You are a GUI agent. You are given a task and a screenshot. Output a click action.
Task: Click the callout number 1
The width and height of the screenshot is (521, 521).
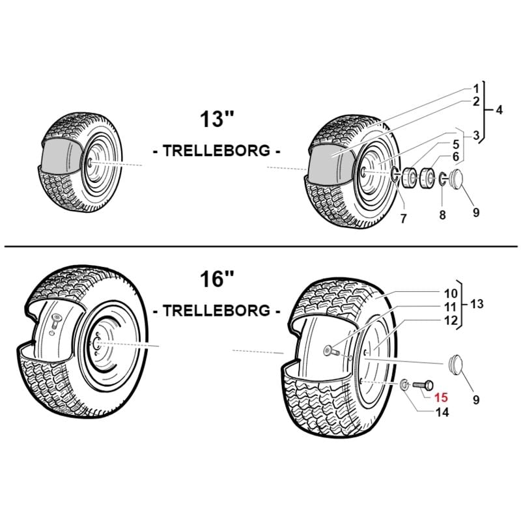coord(476,88)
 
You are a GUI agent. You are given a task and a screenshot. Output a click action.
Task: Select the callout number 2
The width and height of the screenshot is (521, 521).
coord(476,102)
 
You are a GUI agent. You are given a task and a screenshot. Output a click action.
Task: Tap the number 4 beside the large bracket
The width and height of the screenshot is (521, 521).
coord(499,110)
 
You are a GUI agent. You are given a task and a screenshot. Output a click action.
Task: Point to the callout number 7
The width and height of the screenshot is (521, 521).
coord(403,219)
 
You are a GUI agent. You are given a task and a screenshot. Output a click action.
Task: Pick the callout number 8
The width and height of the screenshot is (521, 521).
coord(442,214)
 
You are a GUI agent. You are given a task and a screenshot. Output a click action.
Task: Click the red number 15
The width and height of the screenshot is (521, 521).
coord(442,398)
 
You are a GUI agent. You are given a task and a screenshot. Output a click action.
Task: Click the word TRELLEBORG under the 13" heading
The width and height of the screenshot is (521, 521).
coord(217,151)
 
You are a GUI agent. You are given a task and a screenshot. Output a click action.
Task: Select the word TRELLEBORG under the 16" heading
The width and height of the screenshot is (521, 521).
coord(217,311)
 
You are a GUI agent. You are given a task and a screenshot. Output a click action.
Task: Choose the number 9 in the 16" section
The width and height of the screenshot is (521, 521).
coord(476,400)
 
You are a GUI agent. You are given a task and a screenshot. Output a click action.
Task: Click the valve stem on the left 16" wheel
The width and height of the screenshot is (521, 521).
coord(55,320)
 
